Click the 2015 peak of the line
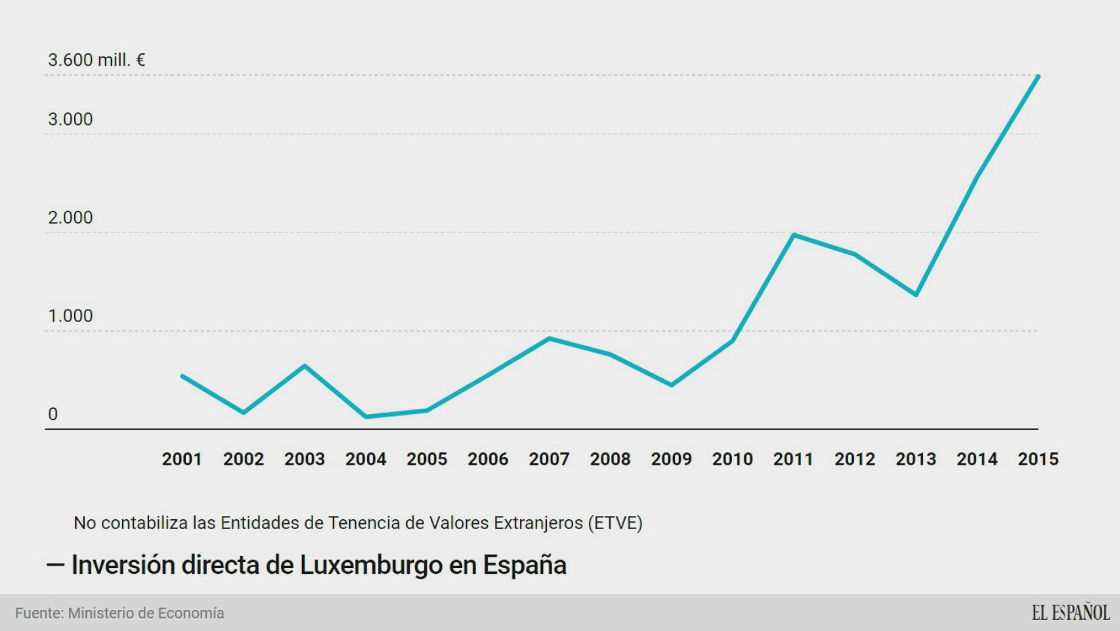pyautogui.click(x=1038, y=77)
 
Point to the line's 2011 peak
pyautogui.click(x=794, y=235)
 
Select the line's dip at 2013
pyautogui.click(x=916, y=295)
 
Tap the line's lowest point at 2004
pyautogui.click(x=366, y=417)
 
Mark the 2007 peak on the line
pyautogui.click(x=549, y=339)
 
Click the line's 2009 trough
pyautogui.click(x=671, y=385)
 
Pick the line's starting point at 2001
pyautogui.click(x=182, y=376)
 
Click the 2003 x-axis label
pyautogui.click(x=305, y=459)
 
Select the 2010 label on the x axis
pyautogui.click(x=733, y=459)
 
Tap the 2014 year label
pyautogui.click(x=977, y=459)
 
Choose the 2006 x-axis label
pyautogui.click(x=488, y=459)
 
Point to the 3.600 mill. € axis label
pyautogui.click(x=97, y=60)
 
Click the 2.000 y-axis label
pyautogui.click(x=70, y=218)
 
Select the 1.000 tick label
pyautogui.click(x=70, y=316)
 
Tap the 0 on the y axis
pyautogui.click(x=53, y=414)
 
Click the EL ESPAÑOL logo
pyautogui.click(x=1070, y=613)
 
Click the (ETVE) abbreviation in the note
pyautogui.click(x=615, y=523)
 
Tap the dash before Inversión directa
pyautogui.click(x=56, y=565)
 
